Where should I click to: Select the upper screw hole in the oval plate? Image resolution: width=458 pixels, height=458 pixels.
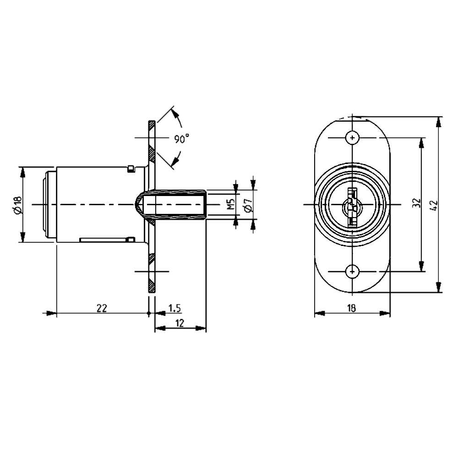pyautogui.click(x=352, y=137)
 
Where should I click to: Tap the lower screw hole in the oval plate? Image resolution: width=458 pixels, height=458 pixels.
pyautogui.click(x=352, y=271)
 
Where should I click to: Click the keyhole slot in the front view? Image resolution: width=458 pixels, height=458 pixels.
pyautogui.click(x=352, y=207)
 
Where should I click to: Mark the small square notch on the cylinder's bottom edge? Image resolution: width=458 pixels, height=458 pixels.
pyautogui.click(x=131, y=239)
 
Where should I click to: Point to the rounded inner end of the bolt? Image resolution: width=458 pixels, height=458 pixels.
pyautogui.click(x=138, y=203)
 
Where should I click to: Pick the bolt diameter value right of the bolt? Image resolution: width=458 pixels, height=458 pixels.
pyautogui.click(x=247, y=203)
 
